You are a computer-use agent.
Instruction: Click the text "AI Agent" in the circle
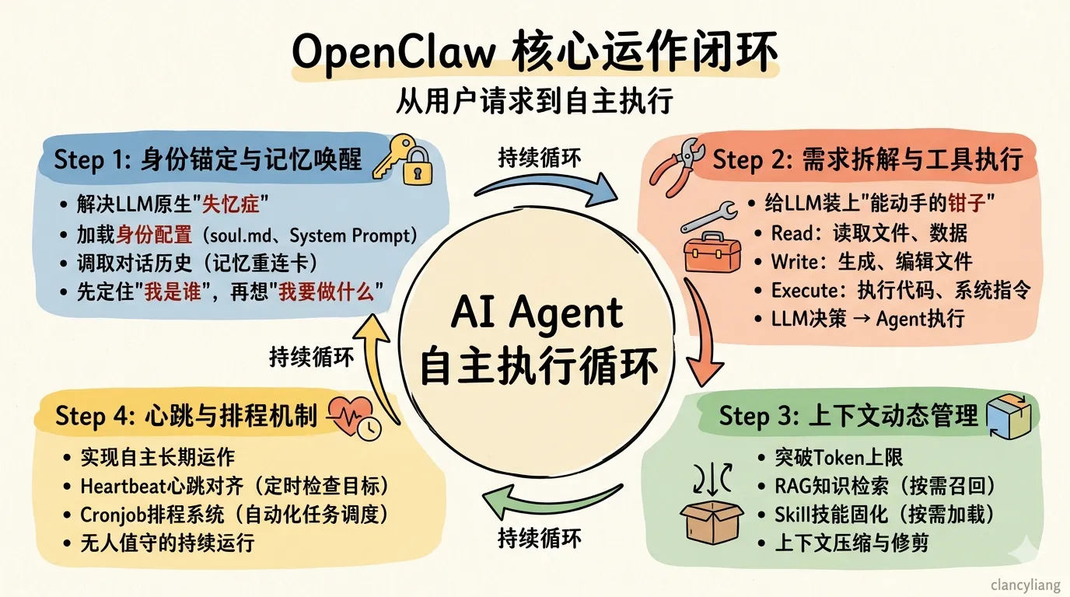click(x=537, y=314)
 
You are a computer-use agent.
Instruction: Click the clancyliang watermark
click(x=1025, y=585)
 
